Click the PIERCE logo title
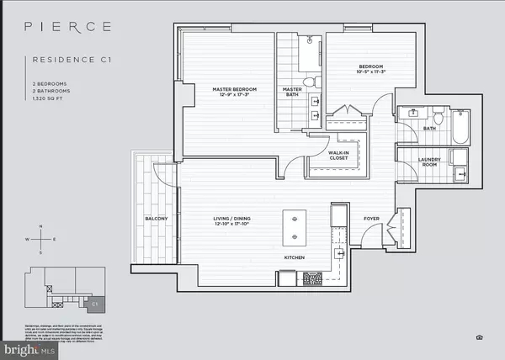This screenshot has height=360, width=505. point(71,26)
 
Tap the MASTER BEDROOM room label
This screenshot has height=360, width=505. point(228,88)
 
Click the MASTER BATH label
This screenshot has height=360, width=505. point(292,93)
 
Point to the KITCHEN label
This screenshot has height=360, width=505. point(294,257)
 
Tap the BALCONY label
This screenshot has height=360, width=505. point(156,220)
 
